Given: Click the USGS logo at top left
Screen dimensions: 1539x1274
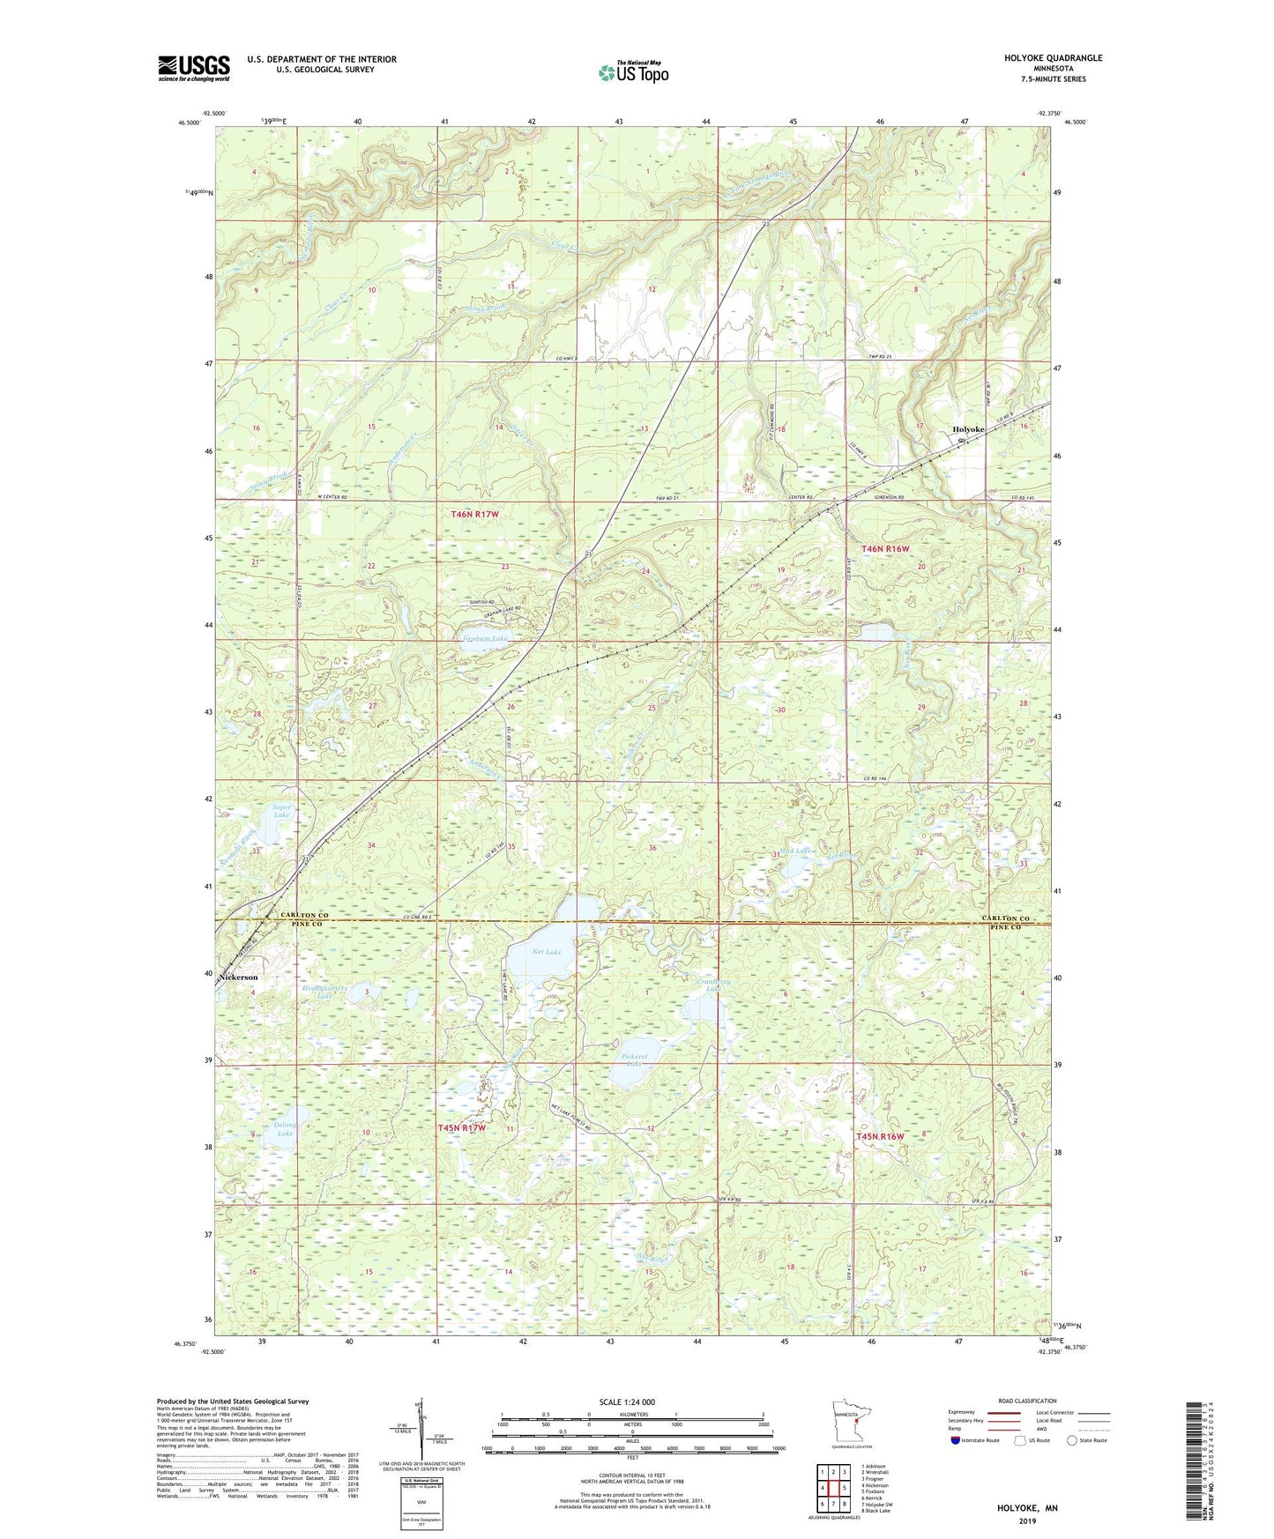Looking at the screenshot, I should [x=194, y=68].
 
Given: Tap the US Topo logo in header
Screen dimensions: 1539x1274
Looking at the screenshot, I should [x=633, y=72].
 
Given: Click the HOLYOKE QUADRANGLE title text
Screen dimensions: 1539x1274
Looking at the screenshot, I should [x=1053, y=58].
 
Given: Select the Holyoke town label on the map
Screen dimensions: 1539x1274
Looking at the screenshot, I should [x=968, y=429].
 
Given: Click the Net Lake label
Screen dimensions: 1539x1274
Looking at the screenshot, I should [x=547, y=952].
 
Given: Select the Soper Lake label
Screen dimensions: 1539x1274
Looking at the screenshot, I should [x=281, y=810].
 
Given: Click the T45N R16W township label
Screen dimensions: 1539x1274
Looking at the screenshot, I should [x=881, y=1136].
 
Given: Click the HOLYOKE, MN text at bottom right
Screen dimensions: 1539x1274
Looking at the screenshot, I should [x=1027, y=1508].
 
